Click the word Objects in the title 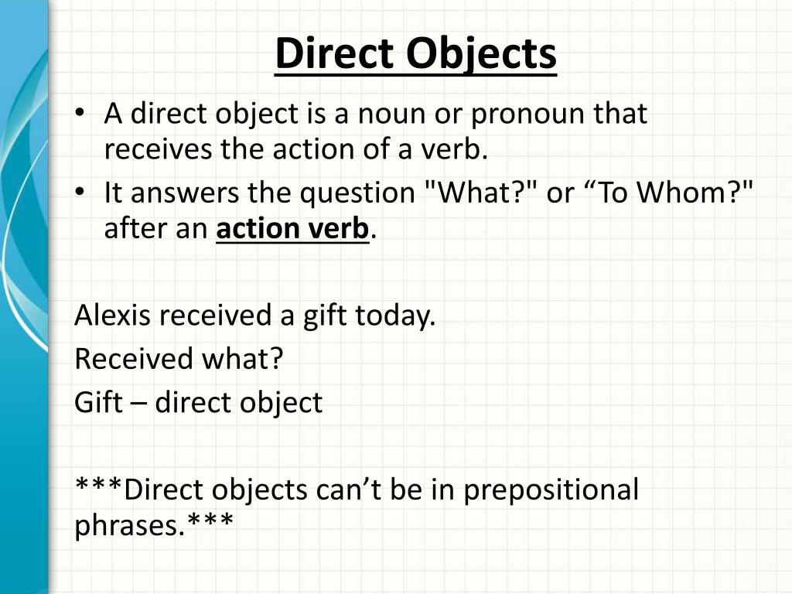click(480, 54)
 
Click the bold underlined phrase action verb click(292, 229)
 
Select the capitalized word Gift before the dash click(98, 402)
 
